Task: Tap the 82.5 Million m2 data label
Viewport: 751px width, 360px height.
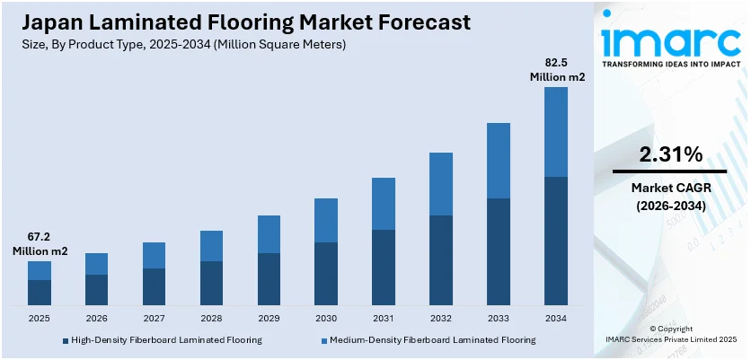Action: click(556, 70)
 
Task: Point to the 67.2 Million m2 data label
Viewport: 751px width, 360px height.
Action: click(40, 244)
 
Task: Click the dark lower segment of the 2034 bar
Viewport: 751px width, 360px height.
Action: click(556, 241)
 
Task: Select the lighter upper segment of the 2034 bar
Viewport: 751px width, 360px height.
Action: click(556, 132)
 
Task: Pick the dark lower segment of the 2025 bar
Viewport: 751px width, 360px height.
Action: click(40, 293)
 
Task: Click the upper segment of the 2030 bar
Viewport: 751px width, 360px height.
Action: click(326, 220)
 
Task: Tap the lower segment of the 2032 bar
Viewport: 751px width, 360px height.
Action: click(441, 260)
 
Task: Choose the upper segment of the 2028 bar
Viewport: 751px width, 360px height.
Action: click(211, 246)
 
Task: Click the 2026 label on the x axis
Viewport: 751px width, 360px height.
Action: click(96, 319)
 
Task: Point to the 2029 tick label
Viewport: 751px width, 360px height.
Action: click(269, 319)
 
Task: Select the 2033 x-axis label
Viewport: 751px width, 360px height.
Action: click(499, 319)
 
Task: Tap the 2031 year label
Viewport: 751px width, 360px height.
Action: click(384, 319)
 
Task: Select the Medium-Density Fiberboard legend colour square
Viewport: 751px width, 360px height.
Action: click(324, 340)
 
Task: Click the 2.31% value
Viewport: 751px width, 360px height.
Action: click(670, 154)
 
